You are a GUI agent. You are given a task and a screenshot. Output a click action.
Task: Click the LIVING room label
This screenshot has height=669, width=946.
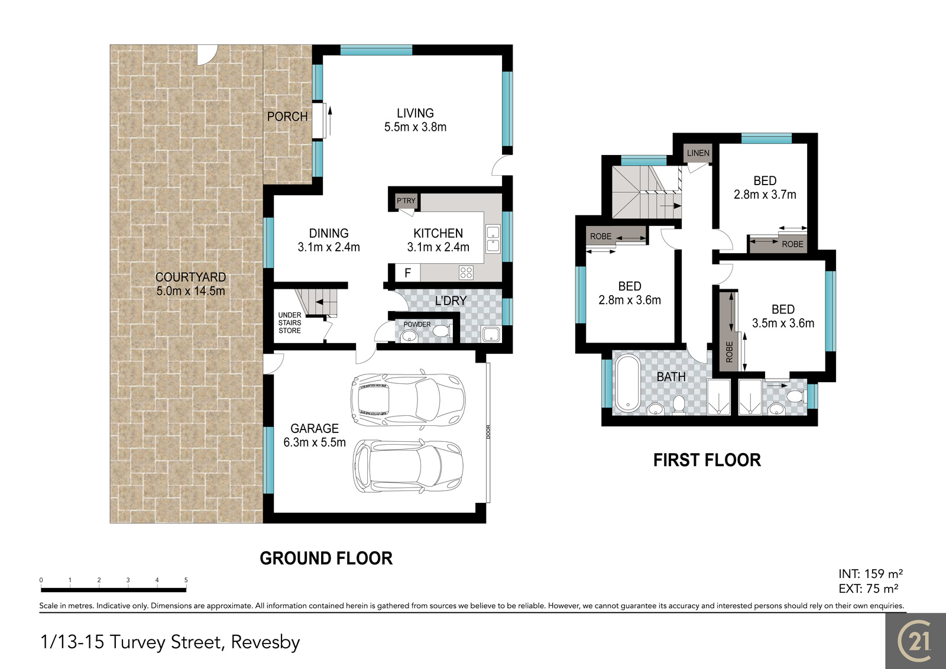pos(415,113)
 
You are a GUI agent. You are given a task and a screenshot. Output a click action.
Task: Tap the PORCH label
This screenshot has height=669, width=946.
pos(287,117)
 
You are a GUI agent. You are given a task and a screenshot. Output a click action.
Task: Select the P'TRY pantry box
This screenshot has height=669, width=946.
pos(406,201)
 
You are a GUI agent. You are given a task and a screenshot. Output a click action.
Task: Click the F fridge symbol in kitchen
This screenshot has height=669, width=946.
pos(407,273)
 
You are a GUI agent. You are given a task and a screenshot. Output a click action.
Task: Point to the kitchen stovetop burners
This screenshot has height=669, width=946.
pos(466,273)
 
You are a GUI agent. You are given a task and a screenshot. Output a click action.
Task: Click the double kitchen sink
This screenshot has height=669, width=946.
pos(493,240)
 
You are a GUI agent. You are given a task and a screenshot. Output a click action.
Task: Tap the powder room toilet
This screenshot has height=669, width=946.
pos(443,331)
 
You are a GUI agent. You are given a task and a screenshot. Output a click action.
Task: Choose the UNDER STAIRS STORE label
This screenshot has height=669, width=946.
pos(290,323)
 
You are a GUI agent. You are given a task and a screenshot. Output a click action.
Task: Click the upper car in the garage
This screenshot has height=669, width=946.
pos(408,399)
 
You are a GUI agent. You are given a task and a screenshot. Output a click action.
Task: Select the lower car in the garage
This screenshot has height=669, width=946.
pos(407,466)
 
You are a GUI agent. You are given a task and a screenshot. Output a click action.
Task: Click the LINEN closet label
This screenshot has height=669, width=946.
pos(698,153)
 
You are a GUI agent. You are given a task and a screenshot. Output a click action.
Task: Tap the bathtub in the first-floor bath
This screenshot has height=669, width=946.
pos(627,383)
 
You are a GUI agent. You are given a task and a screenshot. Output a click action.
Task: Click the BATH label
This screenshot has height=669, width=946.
pos(671,377)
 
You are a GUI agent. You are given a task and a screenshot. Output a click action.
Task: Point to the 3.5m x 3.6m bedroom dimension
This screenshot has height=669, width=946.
pos(783,324)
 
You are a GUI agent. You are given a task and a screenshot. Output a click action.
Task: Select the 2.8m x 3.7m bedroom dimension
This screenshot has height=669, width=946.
pos(765,195)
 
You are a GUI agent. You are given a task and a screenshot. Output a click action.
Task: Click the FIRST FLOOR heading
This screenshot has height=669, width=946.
pos(707,460)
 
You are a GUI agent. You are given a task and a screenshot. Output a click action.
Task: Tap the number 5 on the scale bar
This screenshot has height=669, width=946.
pos(186,580)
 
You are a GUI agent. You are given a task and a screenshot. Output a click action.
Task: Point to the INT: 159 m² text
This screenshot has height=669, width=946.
pos(870,574)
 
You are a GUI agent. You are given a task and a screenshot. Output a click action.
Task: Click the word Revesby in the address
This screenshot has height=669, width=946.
pos(265,643)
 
